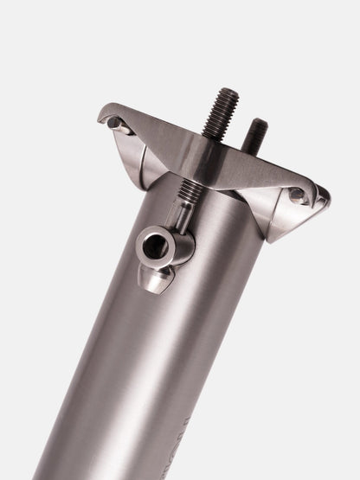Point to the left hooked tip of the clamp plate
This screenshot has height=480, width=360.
(x=103, y=115)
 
